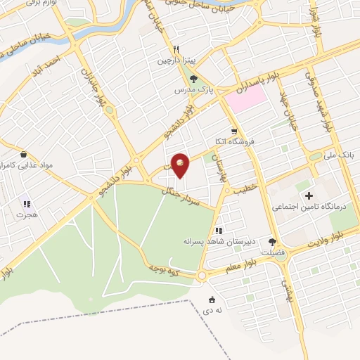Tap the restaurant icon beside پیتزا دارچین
point(176,49)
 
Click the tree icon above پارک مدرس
point(194,78)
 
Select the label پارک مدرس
point(195,91)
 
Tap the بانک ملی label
point(340,153)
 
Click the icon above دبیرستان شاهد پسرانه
point(219,229)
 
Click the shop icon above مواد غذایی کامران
point(24,153)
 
